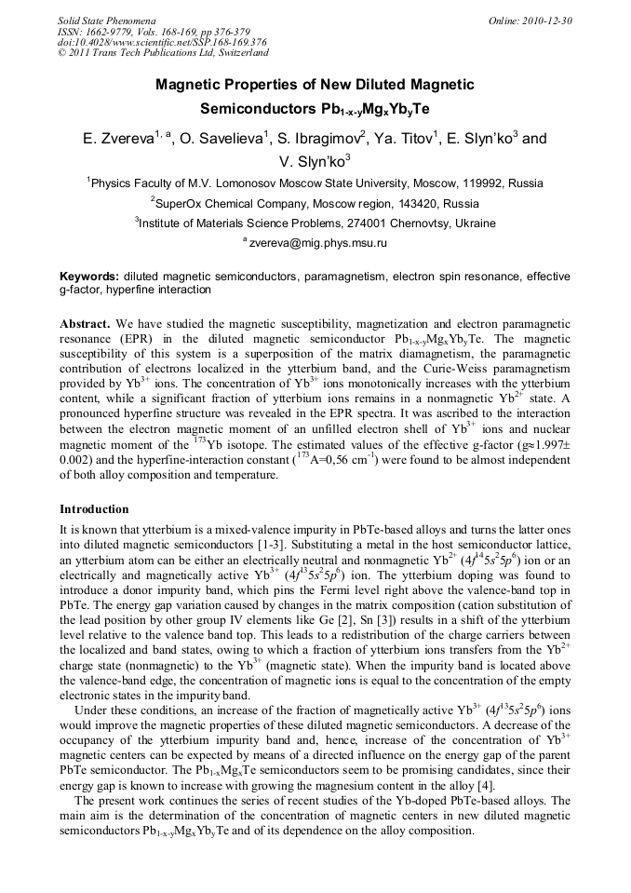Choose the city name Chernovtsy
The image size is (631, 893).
[409, 223]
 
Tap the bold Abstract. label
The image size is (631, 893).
[85, 322]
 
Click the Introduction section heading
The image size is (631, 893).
[94, 509]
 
